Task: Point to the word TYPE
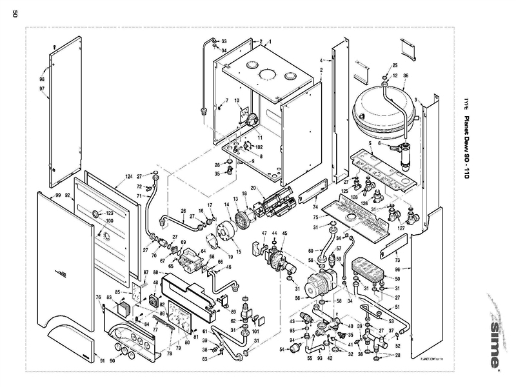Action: click(x=475, y=103)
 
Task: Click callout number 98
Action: click(x=42, y=79)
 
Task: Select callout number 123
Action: click(x=110, y=213)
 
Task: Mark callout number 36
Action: click(x=406, y=75)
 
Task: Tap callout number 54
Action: click(x=281, y=350)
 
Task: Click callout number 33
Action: click(x=224, y=41)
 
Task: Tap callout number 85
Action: click(x=117, y=292)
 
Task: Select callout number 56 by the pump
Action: click(x=297, y=299)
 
